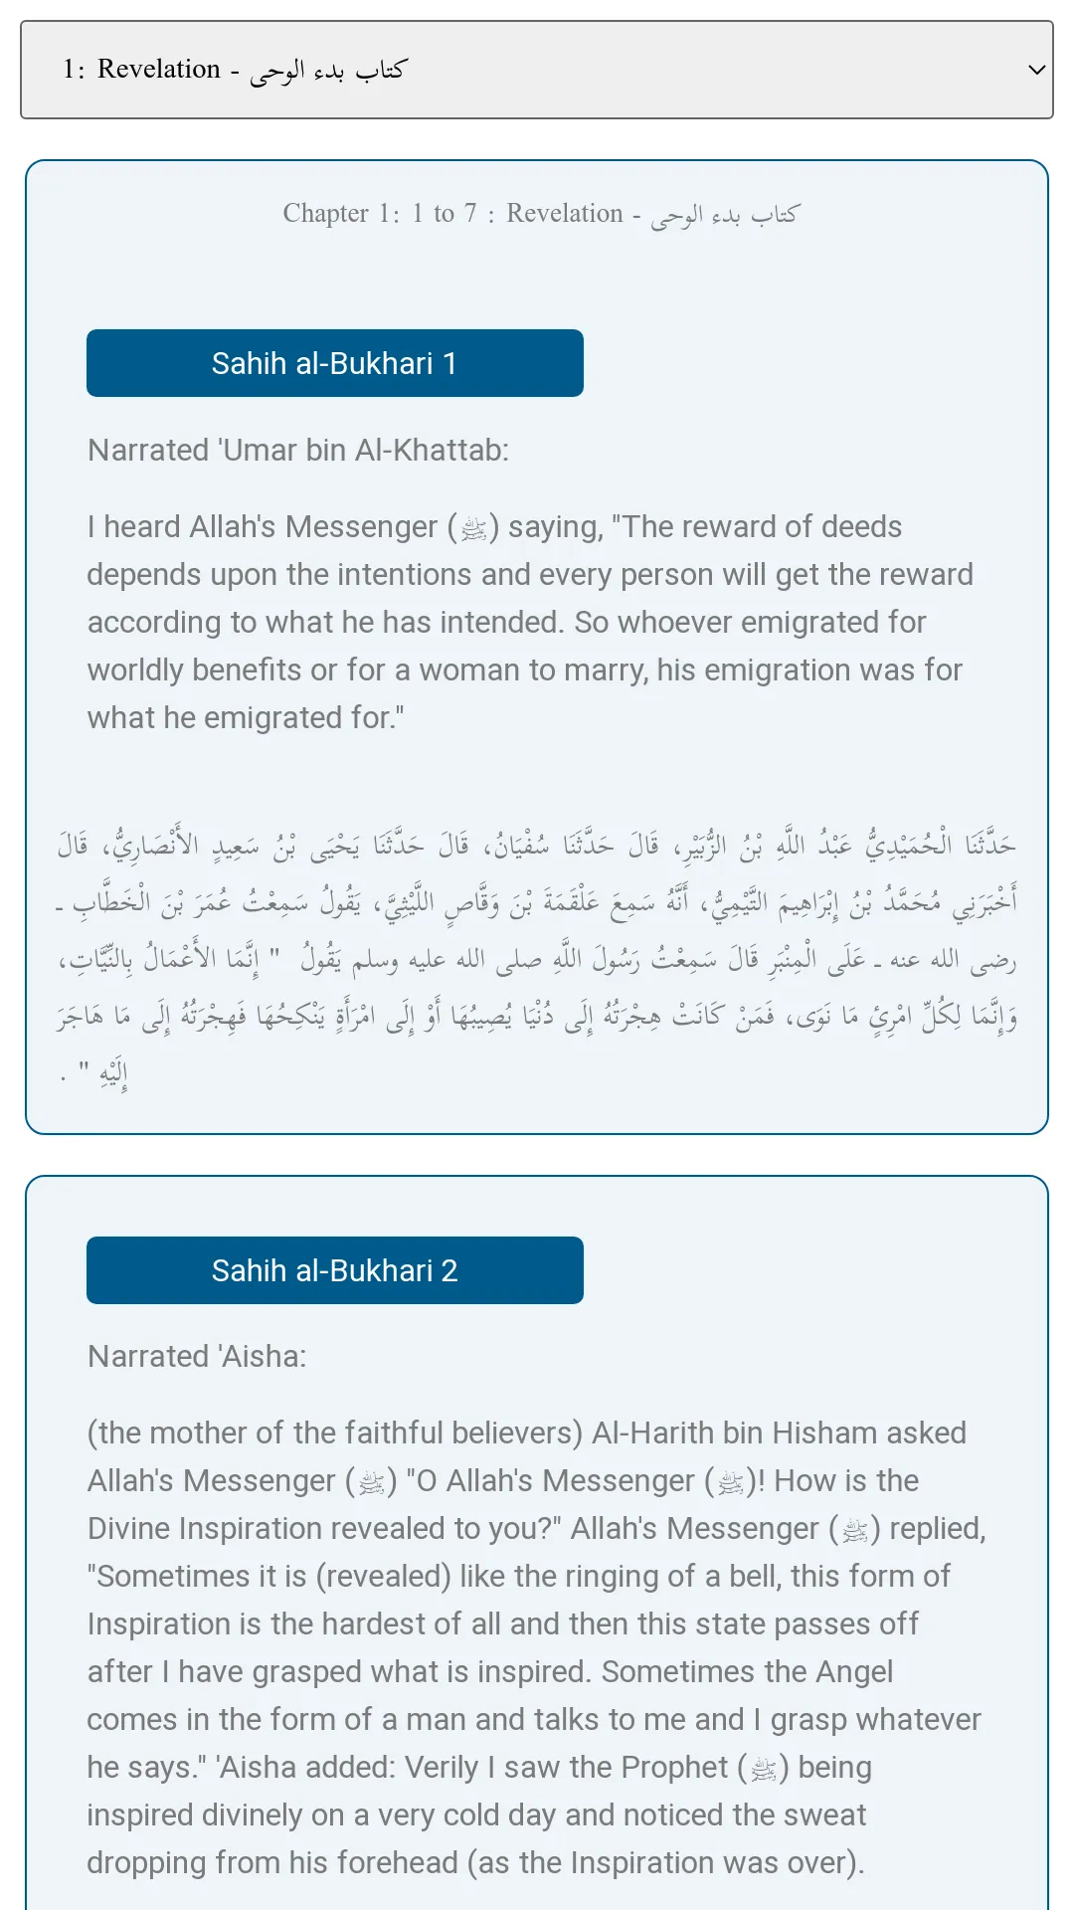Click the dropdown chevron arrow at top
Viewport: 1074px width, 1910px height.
tap(1036, 70)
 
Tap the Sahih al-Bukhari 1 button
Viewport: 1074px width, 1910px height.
tap(334, 363)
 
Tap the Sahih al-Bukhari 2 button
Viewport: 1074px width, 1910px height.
tap(334, 1270)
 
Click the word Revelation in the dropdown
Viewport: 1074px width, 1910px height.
tap(159, 69)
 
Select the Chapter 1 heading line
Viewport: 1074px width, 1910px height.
tap(540, 213)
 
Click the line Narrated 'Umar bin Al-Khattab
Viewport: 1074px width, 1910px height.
tap(297, 450)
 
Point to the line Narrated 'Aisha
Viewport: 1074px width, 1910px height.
tap(197, 1356)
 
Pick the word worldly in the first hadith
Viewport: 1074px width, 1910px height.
tap(135, 669)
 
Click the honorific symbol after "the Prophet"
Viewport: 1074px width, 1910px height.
tap(764, 1769)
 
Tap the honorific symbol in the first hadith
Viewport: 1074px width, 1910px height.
tap(473, 528)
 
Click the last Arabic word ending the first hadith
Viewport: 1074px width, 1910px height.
tap(112, 1075)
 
